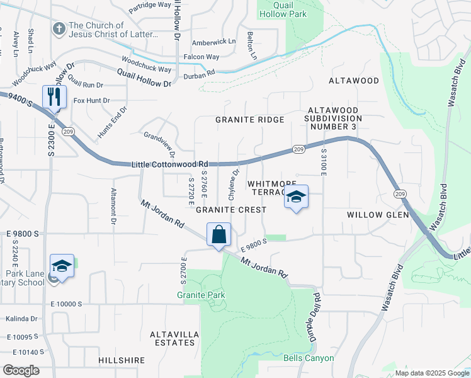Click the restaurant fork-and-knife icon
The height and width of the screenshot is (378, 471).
click(54, 96)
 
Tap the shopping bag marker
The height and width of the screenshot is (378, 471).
click(218, 234)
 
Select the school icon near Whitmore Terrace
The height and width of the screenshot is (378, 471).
click(295, 197)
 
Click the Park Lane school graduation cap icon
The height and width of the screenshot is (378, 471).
click(62, 266)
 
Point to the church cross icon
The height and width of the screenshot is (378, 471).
click(59, 29)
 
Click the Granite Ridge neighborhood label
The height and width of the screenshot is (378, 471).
click(250, 119)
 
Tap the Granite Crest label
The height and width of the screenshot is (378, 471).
click(230, 209)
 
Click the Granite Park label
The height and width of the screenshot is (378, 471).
click(201, 295)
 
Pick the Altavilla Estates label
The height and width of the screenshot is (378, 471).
click(172, 338)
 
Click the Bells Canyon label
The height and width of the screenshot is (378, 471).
click(309, 358)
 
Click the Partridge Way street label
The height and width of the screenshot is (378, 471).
click(150, 4)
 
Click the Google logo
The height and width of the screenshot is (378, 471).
click(21, 370)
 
